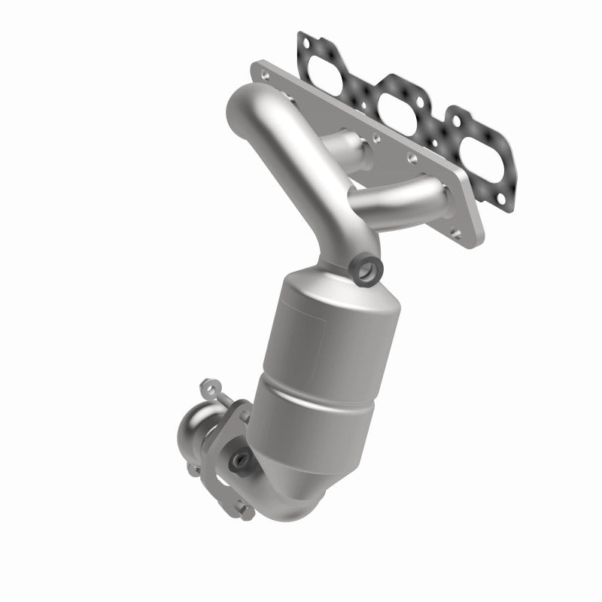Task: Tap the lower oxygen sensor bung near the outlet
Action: (240, 457)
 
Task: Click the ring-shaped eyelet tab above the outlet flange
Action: (208, 390)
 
